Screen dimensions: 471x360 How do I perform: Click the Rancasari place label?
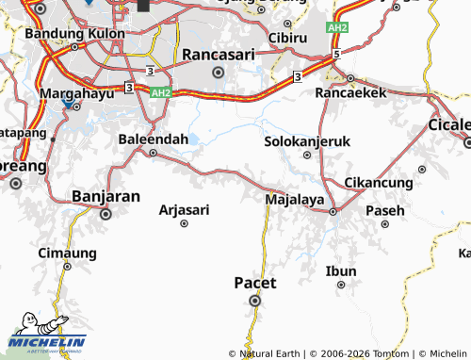click(x=218, y=54)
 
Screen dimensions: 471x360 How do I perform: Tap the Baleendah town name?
click(x=154, y=139)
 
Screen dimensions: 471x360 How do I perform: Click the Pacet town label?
click(x=254, y=282)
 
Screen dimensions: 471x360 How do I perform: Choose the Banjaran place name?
click(x=106, y=196)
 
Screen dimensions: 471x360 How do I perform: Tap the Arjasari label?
click(x=185, y=209)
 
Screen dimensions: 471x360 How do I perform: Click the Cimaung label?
click(x=67, y=253)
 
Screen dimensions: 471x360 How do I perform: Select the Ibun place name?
click(x=341, y=271)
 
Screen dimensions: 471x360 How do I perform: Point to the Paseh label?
click(x=384, y=209)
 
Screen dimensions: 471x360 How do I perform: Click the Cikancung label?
click(x=379, y=182)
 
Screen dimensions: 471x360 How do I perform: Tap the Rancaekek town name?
click(x=350, y=93)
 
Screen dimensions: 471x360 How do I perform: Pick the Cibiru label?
click(x=288, y=38)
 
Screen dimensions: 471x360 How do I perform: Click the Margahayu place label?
click(x=77, y=93)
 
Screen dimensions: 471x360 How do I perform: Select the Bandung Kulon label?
click(x=68, y=33)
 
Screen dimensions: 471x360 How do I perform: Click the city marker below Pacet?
click(x=254, y=301)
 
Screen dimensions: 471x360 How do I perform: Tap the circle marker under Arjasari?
click(x=185, y=223)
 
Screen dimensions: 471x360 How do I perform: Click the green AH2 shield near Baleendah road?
click(x=161, y=92)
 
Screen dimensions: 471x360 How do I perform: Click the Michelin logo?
click(x=46, y=342)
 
